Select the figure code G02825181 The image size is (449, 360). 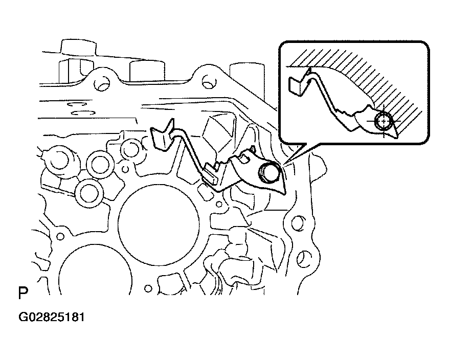(x=52, y=317)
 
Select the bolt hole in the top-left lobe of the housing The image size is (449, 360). (x=102, y=82)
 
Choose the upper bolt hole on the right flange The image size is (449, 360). (x=298, y=222)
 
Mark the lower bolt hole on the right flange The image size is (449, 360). (x=304, y=257)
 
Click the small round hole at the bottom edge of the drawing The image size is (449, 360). (x=148, y=288)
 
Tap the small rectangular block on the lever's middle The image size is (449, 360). (x=211, y=174)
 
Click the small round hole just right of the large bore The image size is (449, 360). (x=219, y=204)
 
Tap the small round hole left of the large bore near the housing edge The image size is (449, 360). (x=60, y=236)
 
